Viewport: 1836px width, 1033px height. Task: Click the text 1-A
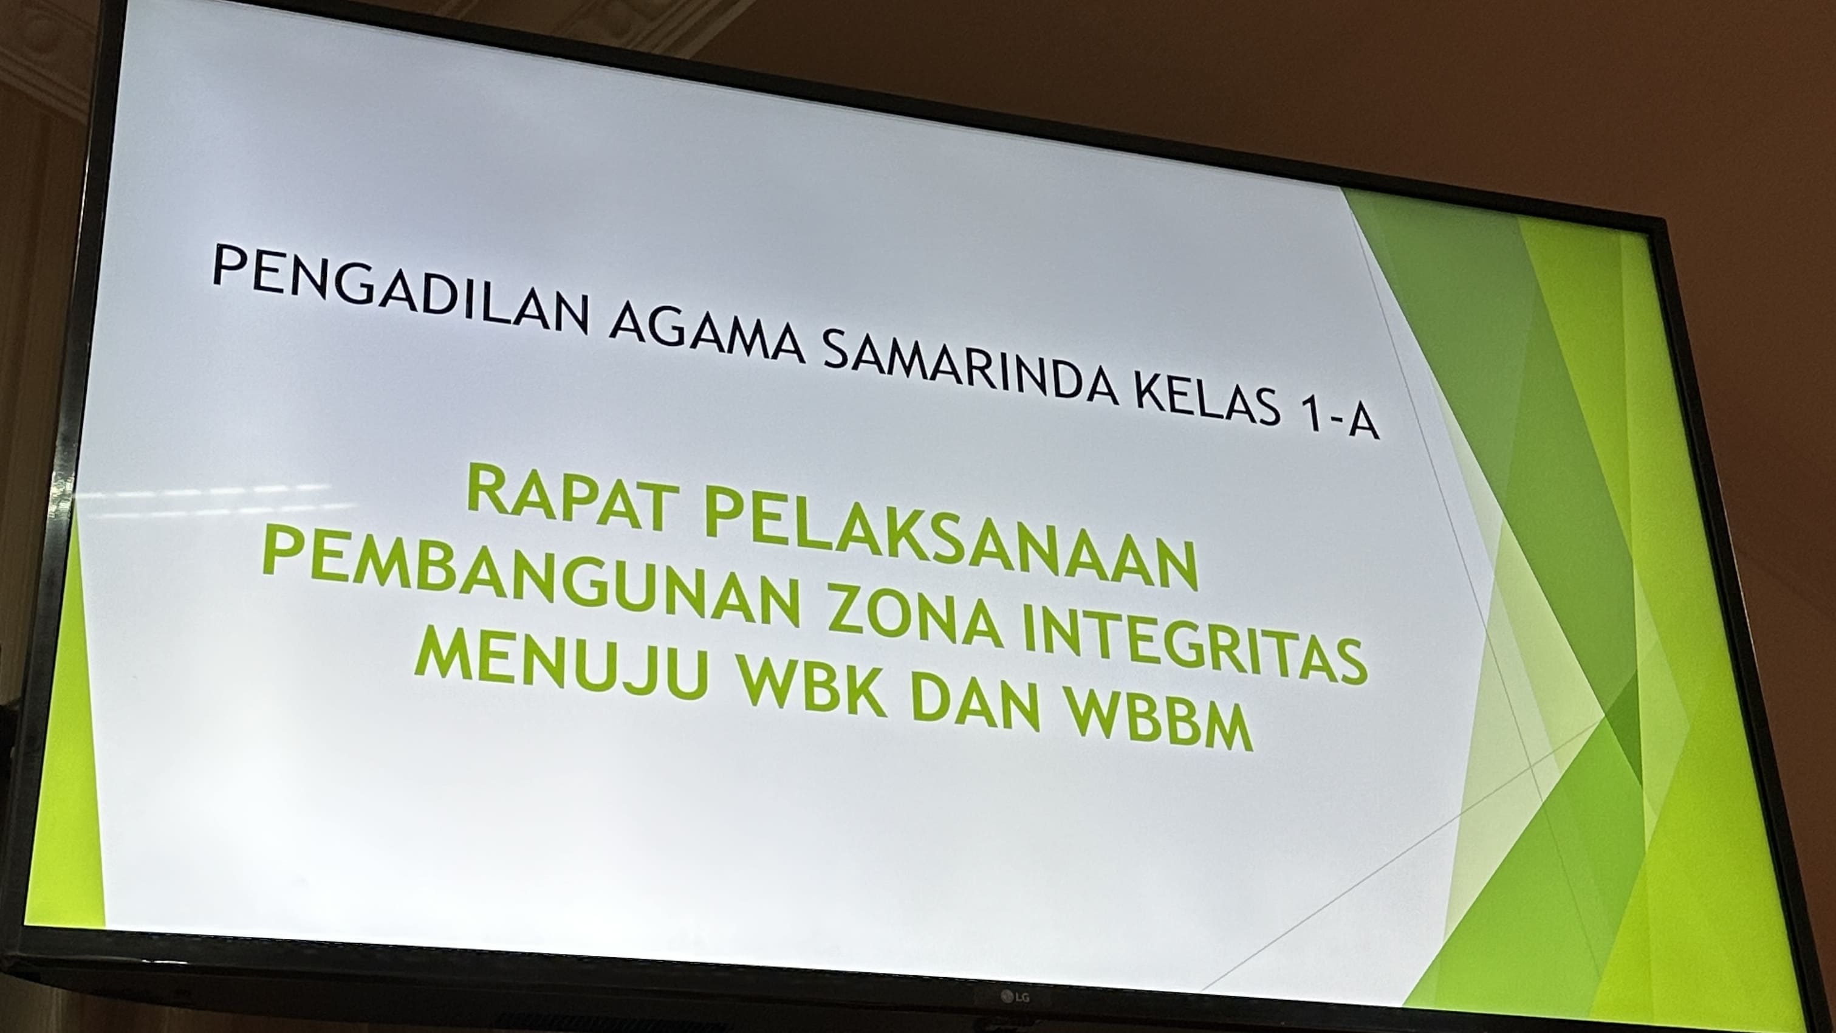coord(1340,420)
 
